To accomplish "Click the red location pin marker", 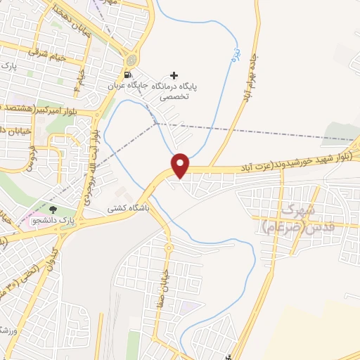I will coord(181,165).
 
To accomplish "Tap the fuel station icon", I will coord(127,75).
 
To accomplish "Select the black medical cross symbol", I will coord(174,75).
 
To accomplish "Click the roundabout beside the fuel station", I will coord(132,58).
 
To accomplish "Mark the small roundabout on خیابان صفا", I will coord(169,247).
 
